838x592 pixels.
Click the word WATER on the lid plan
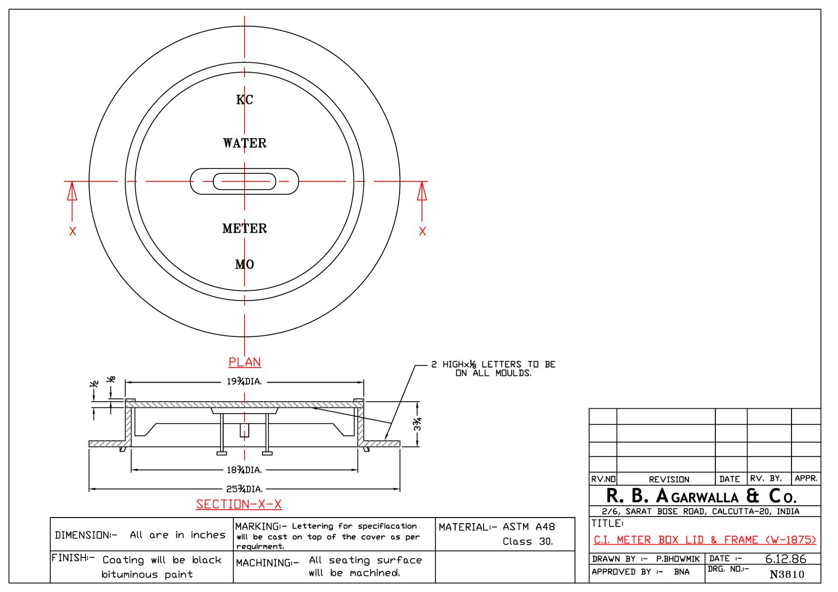coord(245,143)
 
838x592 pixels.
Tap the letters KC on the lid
coord(245,100)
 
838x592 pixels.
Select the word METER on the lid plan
coord(245,228)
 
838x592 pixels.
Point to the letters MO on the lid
coord(245,265)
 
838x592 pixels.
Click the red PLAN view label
coord(245,362)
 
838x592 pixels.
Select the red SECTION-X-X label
coord(238,505)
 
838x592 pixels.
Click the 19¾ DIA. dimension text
coord(244,382)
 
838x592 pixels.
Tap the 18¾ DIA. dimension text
coord(244,470)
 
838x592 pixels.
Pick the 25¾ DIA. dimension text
coord(244,489)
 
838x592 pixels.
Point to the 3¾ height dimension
coord(418,424)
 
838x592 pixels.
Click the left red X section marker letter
coord(73,232)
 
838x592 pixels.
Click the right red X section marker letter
coord(423,232)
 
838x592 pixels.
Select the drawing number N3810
coord(786,575)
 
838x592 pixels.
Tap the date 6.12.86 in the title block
coord(785,559)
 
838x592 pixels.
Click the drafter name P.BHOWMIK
coord(678,559)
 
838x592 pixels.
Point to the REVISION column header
coord(669,480)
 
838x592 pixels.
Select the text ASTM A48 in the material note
coord(528,527)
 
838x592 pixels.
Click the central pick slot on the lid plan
coord(244,181)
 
